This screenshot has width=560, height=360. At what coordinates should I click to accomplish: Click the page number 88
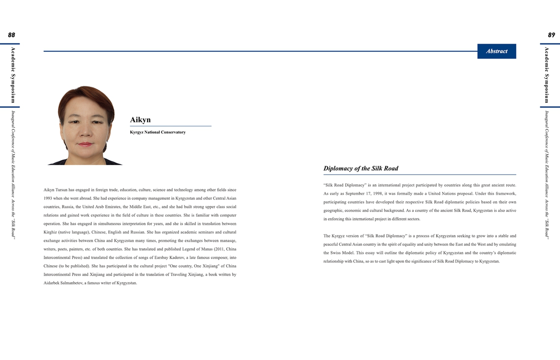12,35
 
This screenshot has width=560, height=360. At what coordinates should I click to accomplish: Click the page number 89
551,35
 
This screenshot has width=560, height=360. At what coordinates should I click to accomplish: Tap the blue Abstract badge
497,51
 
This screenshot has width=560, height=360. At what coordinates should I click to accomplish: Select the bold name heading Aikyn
140,120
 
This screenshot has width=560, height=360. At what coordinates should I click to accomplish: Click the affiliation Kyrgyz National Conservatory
158,132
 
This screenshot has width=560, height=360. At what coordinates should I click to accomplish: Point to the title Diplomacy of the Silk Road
361,168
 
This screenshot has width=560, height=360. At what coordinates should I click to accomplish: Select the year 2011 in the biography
219,249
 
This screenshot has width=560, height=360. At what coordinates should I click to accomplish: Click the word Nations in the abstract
451,193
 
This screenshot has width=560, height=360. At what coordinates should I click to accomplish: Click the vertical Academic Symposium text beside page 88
13,75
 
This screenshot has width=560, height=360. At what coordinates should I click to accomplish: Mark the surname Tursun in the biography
62,190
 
